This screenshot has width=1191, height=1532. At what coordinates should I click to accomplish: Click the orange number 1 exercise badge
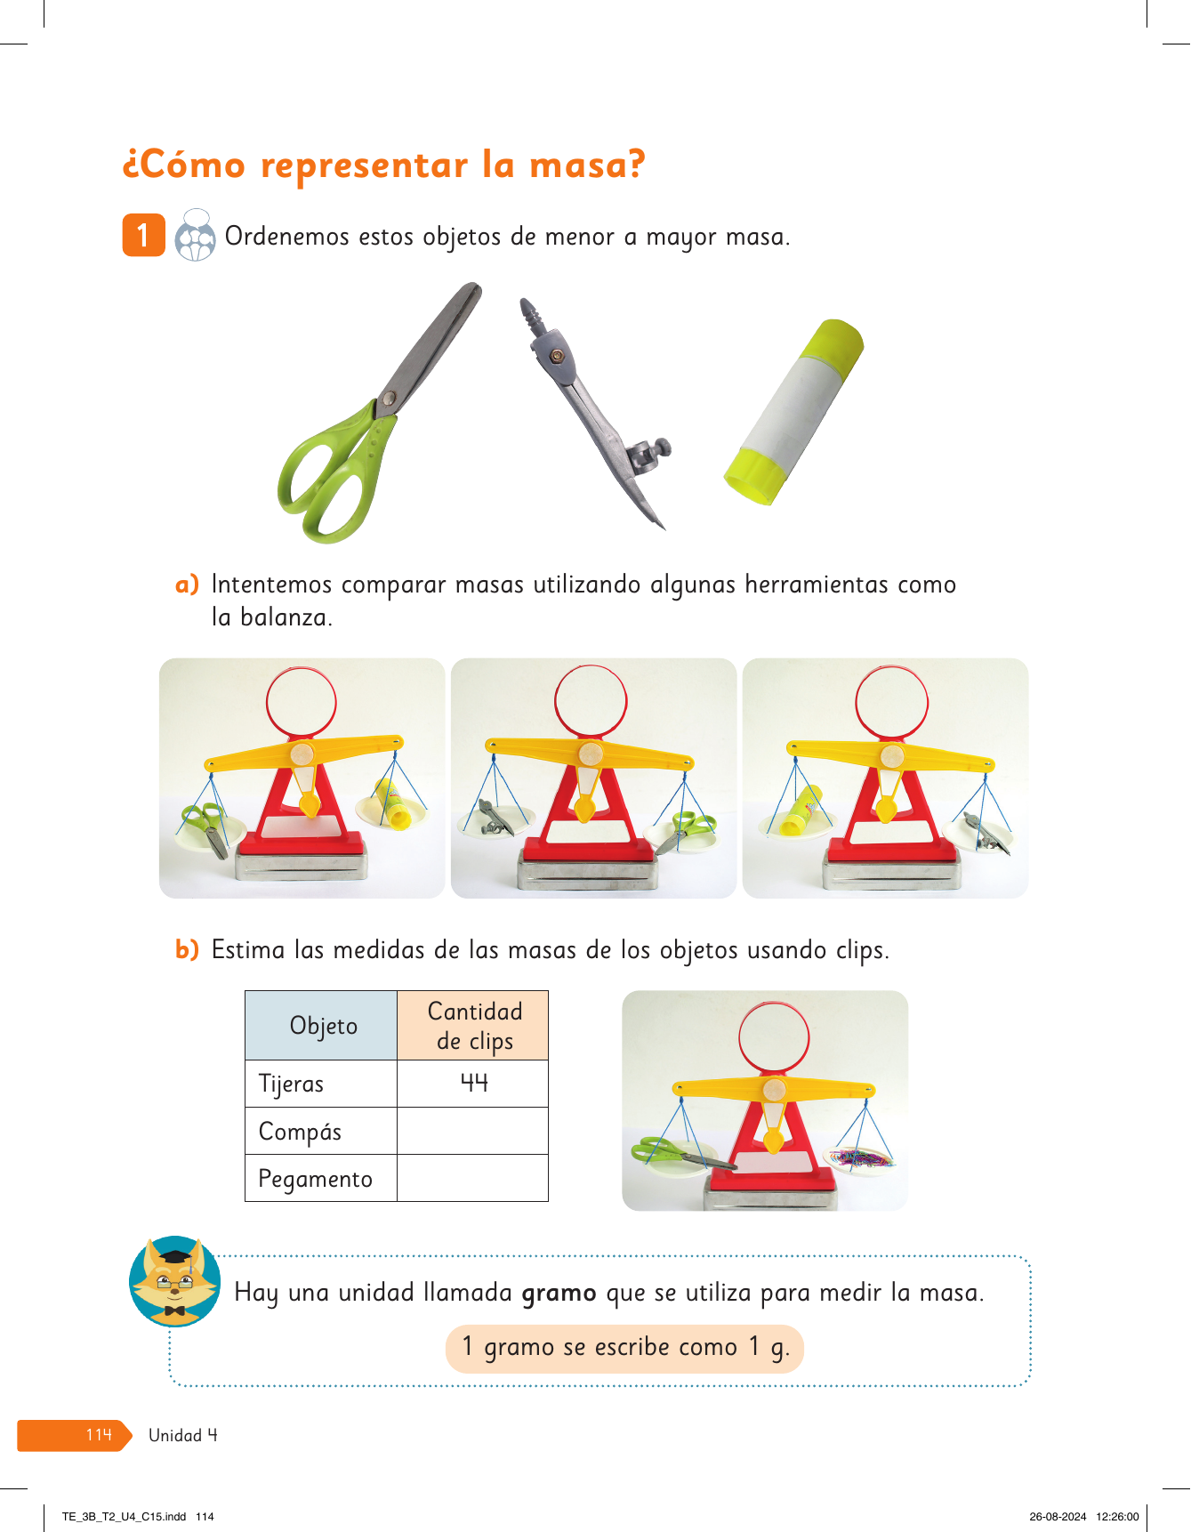[143, 235]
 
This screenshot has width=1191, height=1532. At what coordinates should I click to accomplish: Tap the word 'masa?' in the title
[587, 165]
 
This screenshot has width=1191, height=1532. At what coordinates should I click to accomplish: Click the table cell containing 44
[472, 1084]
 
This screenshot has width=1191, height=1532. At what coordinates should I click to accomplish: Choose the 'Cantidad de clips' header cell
[472, 1026]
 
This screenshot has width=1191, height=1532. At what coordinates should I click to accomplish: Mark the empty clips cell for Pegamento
[472, 1178]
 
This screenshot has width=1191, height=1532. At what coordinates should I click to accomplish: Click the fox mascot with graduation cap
[175, 1281]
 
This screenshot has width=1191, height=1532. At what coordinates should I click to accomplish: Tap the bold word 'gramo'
[559, 1293]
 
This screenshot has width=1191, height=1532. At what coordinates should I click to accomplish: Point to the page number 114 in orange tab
[99, 1434]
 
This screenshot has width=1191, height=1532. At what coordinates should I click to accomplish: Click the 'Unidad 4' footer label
[182, 1435]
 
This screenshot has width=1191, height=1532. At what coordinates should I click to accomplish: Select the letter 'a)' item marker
[187, 585]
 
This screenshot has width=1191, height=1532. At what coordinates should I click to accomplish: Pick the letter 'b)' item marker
[187, 950]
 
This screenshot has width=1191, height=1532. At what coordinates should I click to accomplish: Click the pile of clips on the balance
[858, 1157]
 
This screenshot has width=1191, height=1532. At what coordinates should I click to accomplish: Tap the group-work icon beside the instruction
[195, 235]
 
